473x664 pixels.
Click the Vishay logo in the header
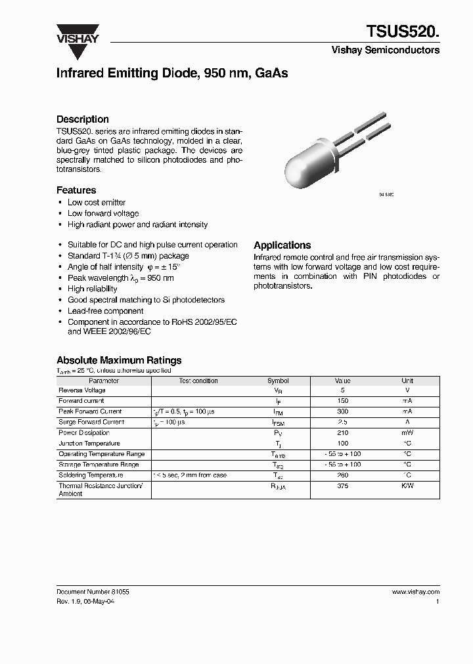[x=77, y=33]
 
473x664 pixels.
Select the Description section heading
[x=82, y=119]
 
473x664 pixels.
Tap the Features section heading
[x=76, y=190]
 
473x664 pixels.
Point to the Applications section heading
[x=282, y=245]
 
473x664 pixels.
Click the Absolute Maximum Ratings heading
[x=119, y=360]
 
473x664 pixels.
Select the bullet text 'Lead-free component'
[x=105, y=311]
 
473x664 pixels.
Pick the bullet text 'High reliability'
[x=92, y=289]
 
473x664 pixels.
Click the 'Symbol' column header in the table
[x=278, y=381]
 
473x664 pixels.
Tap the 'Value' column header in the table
[x=343, y=381]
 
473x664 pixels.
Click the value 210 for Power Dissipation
[x=343, y=433]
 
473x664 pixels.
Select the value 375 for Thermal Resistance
[x=343, y=486]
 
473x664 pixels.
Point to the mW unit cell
[x=407, y=433]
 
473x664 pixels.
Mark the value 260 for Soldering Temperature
[x=343, y=475]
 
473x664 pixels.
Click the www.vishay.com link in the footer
[x=416, y=592]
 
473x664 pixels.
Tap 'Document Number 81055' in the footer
[x=93, y=592]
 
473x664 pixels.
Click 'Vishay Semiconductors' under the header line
[x=385, y=51]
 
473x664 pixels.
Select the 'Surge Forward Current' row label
[x=91, y=422]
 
